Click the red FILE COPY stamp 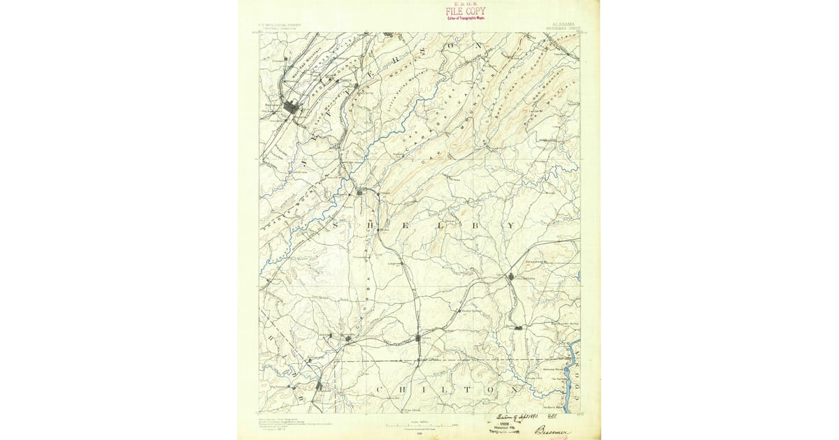(x=465, y=11)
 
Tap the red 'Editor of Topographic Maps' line (x=466, y=18)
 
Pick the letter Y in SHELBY (x=511, y=226)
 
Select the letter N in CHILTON (x=515, y=388)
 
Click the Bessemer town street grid (x=291, y=108)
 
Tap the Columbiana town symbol (x=511, y=277)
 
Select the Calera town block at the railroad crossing (x=418, y=338)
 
